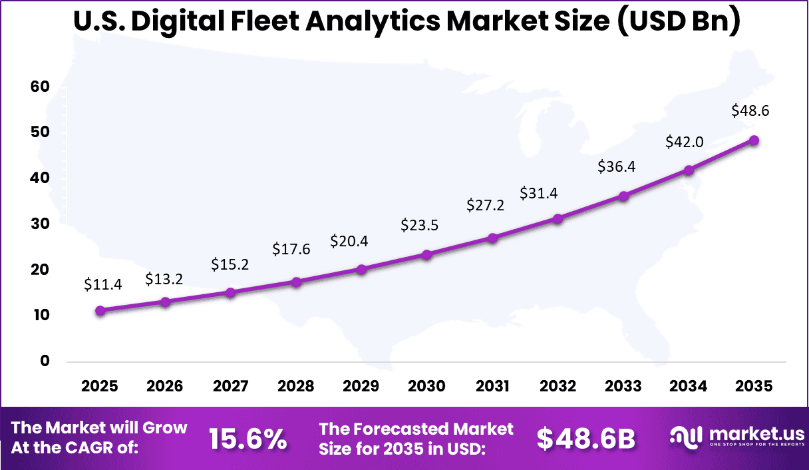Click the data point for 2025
coord(100,310)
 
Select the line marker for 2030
coord(427,254)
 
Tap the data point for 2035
coord(754,140)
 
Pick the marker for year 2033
coord(623,196)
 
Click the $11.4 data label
coord(102,284)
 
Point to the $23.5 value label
coord(419,225)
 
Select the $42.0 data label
coord(685,142)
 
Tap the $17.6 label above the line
coord(291,249)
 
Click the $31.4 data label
coord(539,193)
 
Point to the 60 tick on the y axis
coord(40,87)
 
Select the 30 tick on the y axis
coord(40,224)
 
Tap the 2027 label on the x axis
coord(230,386)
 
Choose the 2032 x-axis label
coord(558,386)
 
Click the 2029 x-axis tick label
coord(361,386)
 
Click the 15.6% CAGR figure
coord(247,438)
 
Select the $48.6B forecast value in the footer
coord(585,438)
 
